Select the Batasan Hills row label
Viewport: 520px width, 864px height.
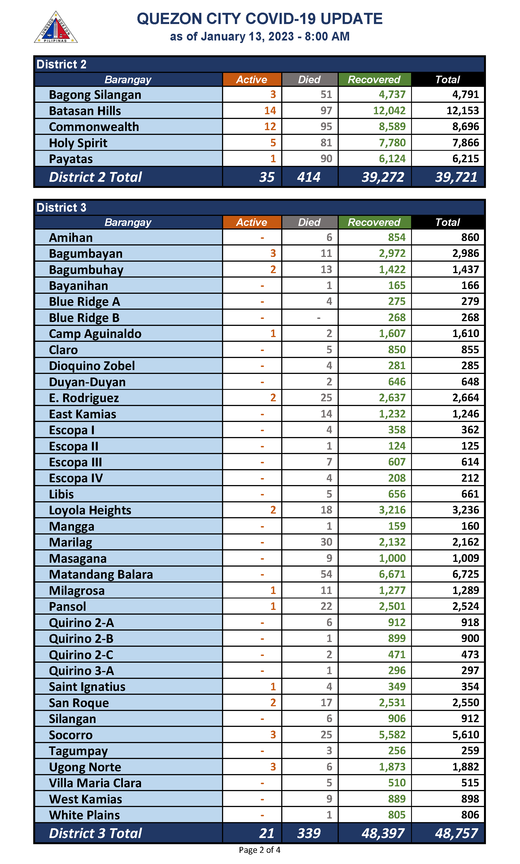(85, 111)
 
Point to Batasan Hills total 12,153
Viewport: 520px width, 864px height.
(462, 111)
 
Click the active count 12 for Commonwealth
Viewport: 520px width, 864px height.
(270, 127)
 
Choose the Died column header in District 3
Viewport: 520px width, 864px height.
(309, 222)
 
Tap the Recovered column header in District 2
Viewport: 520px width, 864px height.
(374, 80)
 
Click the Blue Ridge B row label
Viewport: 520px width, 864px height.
(84, 318)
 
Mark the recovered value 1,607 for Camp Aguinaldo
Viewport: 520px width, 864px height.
(392, 333)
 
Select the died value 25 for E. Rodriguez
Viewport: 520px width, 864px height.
(326, 398)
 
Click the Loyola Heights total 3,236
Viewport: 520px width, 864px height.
(465, 510)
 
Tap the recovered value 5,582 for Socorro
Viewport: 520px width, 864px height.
(392, 735)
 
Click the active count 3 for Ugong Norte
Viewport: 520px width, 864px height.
(273, 767)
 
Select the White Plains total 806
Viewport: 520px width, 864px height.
(470, 815)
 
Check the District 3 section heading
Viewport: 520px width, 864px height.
(61, 207)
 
